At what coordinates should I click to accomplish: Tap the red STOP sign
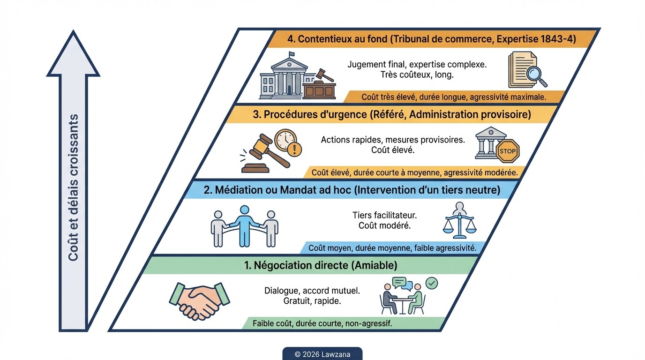508,151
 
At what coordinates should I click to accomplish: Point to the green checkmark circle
431,283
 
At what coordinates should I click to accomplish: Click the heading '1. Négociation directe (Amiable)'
321,265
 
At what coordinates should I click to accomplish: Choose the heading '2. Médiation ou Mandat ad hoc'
352,191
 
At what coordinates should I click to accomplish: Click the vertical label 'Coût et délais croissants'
73,187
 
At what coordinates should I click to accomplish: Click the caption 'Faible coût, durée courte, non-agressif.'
322,323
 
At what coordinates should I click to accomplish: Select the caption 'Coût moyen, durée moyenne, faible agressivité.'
392,248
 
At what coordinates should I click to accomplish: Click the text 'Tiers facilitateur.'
384,215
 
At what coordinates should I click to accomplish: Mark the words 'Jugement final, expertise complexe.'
417,64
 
